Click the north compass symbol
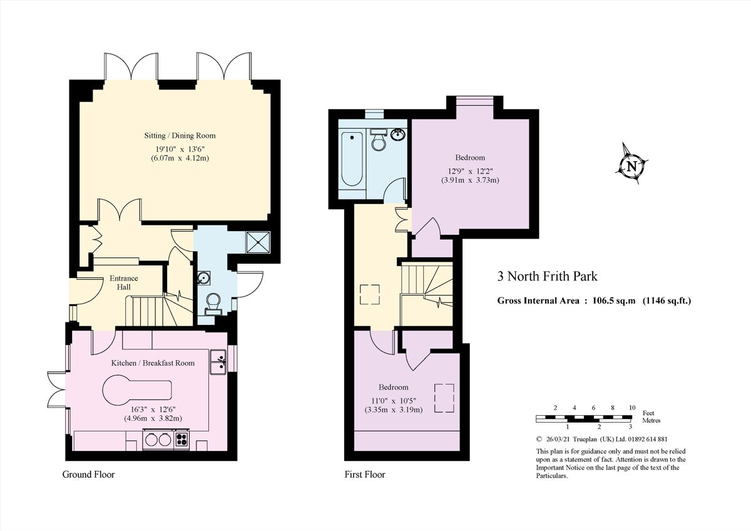click(x=631, y=167)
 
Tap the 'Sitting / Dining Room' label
click(x=180, y=135)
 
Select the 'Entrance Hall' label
click(x=124, y=282)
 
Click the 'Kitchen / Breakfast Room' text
click(x=153, y=363)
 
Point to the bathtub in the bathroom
click(x=351, y=160)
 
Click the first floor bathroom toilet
click(x=379, y=141)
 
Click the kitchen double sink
click(x=218, y=362)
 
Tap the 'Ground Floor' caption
click(x=88, y=475)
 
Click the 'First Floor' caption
click(x=365, y=475)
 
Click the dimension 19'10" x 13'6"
click(x=180, y=148)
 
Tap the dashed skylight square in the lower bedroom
click(x=445, y=399)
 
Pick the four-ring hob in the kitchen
click(x=182, y=439)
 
